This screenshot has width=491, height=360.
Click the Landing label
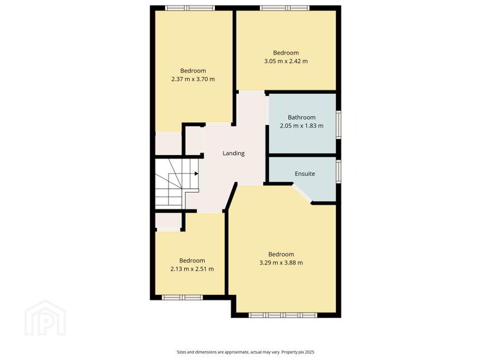(233, 153)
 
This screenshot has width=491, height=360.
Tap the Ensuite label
(305, 174)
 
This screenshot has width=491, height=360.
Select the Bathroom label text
(301, 117)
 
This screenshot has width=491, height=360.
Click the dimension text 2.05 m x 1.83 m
(301, 126)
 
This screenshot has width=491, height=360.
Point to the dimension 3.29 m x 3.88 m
(281, 262)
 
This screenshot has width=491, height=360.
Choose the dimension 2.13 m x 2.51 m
(192, 269)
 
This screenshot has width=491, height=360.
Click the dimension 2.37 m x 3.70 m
(193, 79)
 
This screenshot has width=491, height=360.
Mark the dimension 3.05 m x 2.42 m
(286, 61)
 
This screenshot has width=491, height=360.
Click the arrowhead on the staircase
(196, 173)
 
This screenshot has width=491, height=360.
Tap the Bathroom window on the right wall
(339, 124)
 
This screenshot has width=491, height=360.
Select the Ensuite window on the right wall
(339, 171)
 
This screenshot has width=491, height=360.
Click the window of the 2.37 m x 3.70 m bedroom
(190, 8)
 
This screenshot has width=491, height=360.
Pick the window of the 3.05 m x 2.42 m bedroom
(285, 8)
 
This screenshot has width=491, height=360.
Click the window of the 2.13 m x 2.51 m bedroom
(182, 297)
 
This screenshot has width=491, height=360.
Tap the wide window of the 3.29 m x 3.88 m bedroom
(283, 315)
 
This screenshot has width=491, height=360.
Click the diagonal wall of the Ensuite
(302, 193)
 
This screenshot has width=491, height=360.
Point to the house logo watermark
(45, 318)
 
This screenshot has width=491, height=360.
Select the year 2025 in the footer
(309, 352)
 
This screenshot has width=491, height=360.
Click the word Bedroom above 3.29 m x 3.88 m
(281, 254)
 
